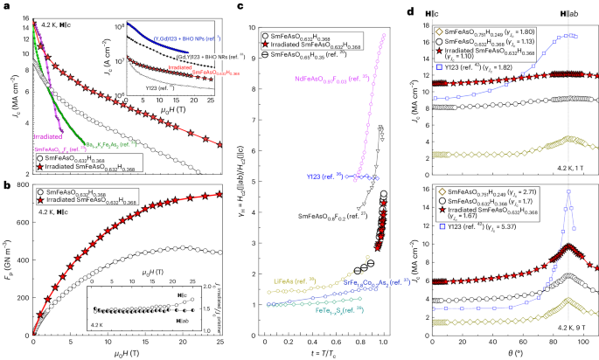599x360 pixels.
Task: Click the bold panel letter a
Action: pos(6,6)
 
